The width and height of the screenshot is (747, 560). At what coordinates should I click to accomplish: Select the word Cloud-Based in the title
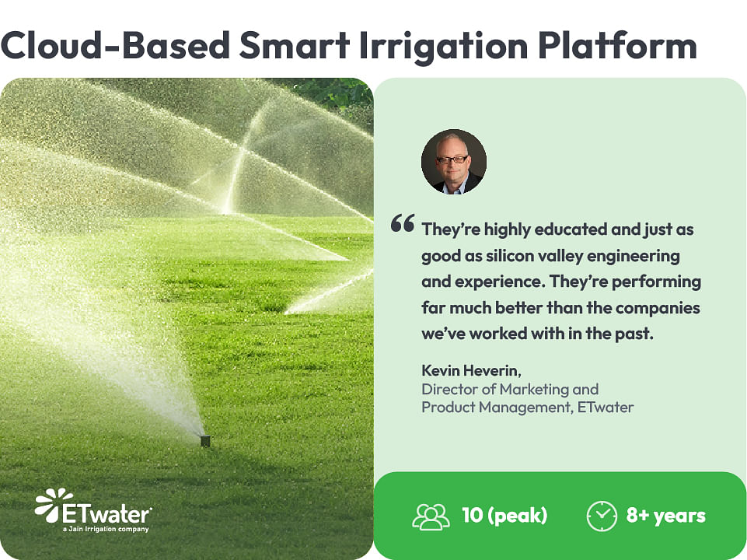point(115,45)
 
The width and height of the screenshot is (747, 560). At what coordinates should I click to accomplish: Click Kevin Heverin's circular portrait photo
point(453,162)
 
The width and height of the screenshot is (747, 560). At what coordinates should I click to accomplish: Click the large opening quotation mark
point(403,223)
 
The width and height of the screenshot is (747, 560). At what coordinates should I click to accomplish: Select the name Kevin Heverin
point(471,370)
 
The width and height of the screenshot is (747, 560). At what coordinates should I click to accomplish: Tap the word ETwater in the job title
point(606,408)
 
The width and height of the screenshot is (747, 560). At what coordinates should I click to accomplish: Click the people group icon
point(431,516)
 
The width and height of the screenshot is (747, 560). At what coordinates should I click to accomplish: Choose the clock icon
point(602,516)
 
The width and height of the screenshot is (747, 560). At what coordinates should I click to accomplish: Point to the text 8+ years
point(665,516)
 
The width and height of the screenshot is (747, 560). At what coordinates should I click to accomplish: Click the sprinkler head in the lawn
point(205,441)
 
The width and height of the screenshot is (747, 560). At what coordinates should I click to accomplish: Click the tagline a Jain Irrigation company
point(106,529)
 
